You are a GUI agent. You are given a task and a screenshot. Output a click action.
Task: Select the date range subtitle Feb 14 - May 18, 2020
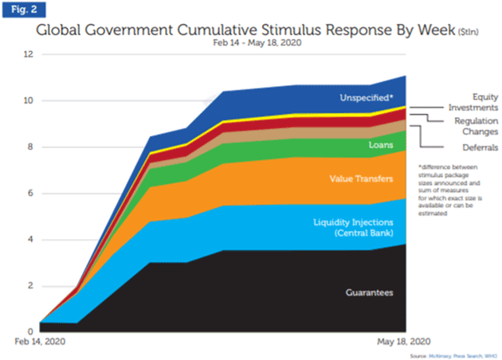tap(251, 46)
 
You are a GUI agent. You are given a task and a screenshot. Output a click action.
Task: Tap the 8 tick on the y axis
tap(29, 147)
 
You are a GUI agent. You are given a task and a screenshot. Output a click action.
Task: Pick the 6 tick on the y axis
tap(29, 193)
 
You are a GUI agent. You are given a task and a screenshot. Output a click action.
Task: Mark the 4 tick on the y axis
tap(29, 239)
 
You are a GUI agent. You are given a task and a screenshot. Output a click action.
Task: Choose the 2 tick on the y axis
tap(29, 285)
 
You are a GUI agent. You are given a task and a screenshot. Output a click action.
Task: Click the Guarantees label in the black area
tap(370, 293)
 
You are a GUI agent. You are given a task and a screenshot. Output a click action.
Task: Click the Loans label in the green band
tap(380, 146)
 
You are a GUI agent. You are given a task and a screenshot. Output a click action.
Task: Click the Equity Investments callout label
tap(463, 100)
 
